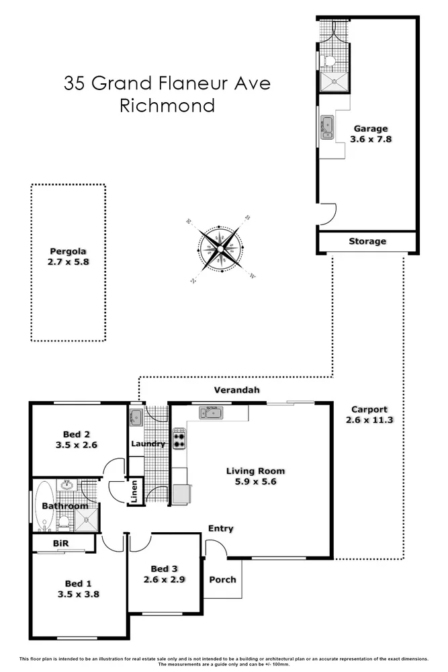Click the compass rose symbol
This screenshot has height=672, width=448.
[x=219, y=248]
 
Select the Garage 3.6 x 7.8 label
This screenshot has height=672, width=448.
[x=370, y=134]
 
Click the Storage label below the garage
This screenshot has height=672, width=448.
[x=367, y=241]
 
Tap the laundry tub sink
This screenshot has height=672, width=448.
[x=136, y=417]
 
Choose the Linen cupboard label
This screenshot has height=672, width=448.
[x=134, y=491]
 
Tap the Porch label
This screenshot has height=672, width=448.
[x=222, y=579]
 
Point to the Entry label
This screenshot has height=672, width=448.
[x=220, y=529]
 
